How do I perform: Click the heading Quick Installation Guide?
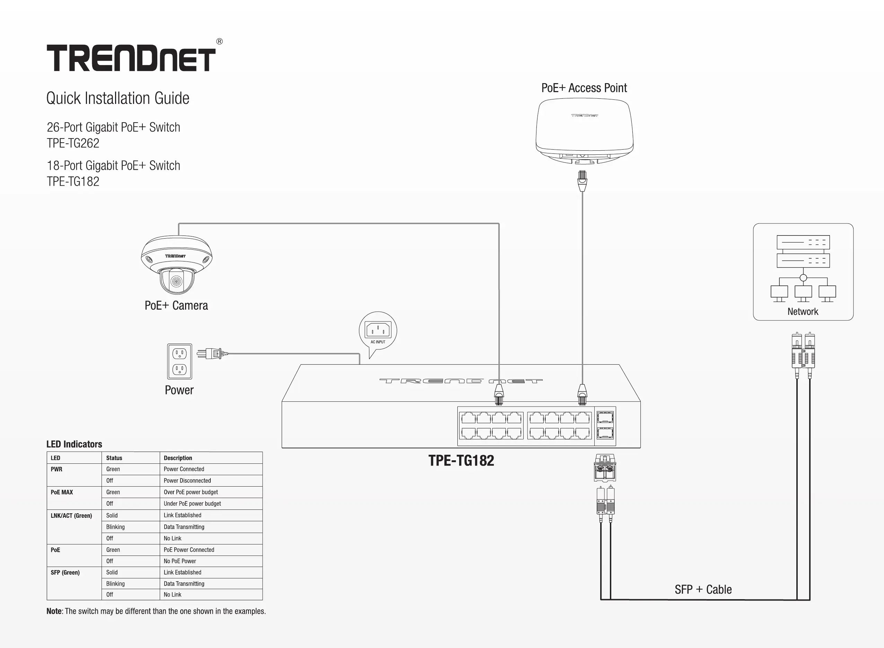118,98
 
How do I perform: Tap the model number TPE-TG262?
73,143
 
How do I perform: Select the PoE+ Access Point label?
584,88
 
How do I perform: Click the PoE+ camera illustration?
177,265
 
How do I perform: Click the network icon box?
803,272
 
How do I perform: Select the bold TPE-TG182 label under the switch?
461,461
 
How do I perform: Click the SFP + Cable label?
703,589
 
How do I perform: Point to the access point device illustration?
584,131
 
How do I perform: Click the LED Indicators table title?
74,444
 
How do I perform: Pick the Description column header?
178,458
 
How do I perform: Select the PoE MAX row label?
62,492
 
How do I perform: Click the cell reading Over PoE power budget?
191,492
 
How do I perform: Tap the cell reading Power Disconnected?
187,480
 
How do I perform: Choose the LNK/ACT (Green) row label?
71,515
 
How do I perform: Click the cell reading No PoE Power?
180,561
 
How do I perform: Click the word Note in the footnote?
54,611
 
